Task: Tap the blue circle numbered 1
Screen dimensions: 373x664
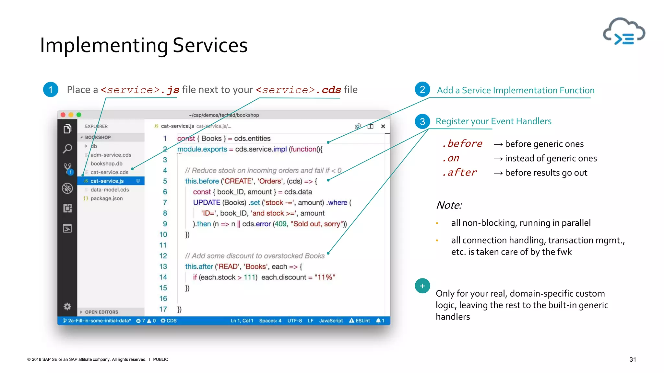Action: [x=51, y=90]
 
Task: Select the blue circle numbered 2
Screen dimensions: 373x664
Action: [x=422, y=90]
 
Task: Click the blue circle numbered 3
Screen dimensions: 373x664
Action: [x=422, y=121]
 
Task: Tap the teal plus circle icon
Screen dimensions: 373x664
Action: [x=422, y=286]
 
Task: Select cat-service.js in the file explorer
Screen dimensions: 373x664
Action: [x=107, y=181]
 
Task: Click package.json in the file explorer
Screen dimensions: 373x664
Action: [x=106, y=198]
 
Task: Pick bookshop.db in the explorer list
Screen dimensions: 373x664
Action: [x=106, y=164]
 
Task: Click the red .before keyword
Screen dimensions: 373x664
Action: [x=462, y=143]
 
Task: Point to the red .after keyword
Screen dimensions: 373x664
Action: [x=459, y=173]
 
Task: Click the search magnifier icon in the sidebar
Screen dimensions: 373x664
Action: [x=67, y=149]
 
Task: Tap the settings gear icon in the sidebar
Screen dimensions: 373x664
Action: [x=67, y=306]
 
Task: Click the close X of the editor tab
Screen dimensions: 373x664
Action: [x=383, y=126]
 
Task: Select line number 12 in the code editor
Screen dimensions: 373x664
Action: [x=163, y=256]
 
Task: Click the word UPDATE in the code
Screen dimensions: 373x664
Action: [x=207, y=202]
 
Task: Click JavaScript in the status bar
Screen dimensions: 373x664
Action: [x=331, y=321]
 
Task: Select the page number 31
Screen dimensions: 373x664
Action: [x=633, y=359]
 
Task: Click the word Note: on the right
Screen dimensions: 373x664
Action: [x=449, y=205]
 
